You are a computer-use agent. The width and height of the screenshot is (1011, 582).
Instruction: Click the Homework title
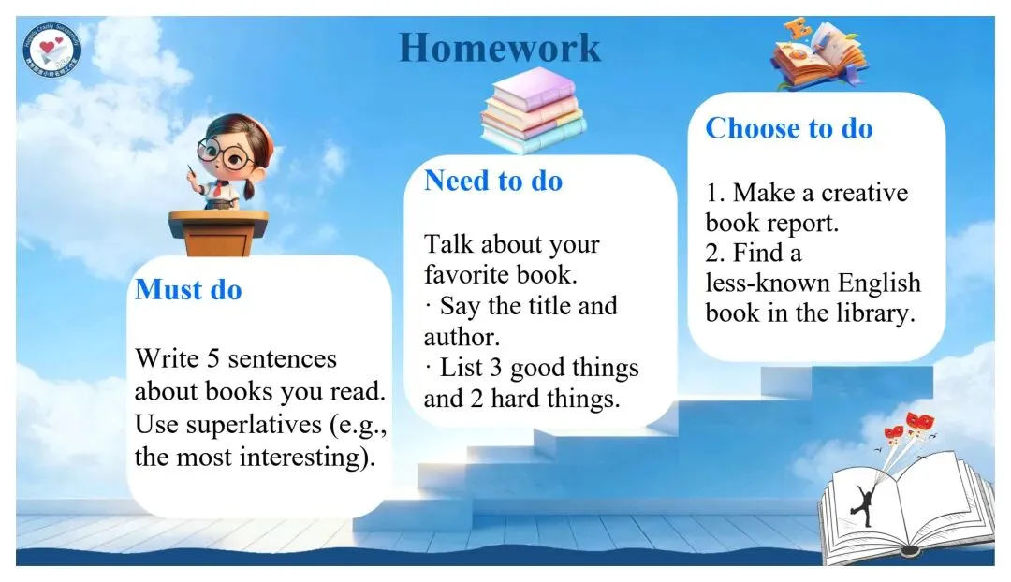500,49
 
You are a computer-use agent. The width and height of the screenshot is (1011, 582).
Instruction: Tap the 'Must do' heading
188,290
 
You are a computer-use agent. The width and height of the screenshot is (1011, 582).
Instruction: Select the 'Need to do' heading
493,182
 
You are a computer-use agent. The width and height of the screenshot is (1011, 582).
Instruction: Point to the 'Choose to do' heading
789,128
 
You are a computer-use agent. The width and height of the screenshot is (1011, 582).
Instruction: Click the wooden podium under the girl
218,233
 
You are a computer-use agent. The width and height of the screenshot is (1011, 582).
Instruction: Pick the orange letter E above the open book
799,30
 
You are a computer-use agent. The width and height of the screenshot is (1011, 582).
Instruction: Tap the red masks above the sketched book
911,426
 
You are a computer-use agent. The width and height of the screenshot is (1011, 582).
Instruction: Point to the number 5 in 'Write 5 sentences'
212,358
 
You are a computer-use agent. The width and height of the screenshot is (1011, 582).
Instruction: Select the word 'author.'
462,337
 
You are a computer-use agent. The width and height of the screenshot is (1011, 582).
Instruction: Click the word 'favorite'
464,274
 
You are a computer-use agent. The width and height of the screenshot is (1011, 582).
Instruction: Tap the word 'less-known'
758,283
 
